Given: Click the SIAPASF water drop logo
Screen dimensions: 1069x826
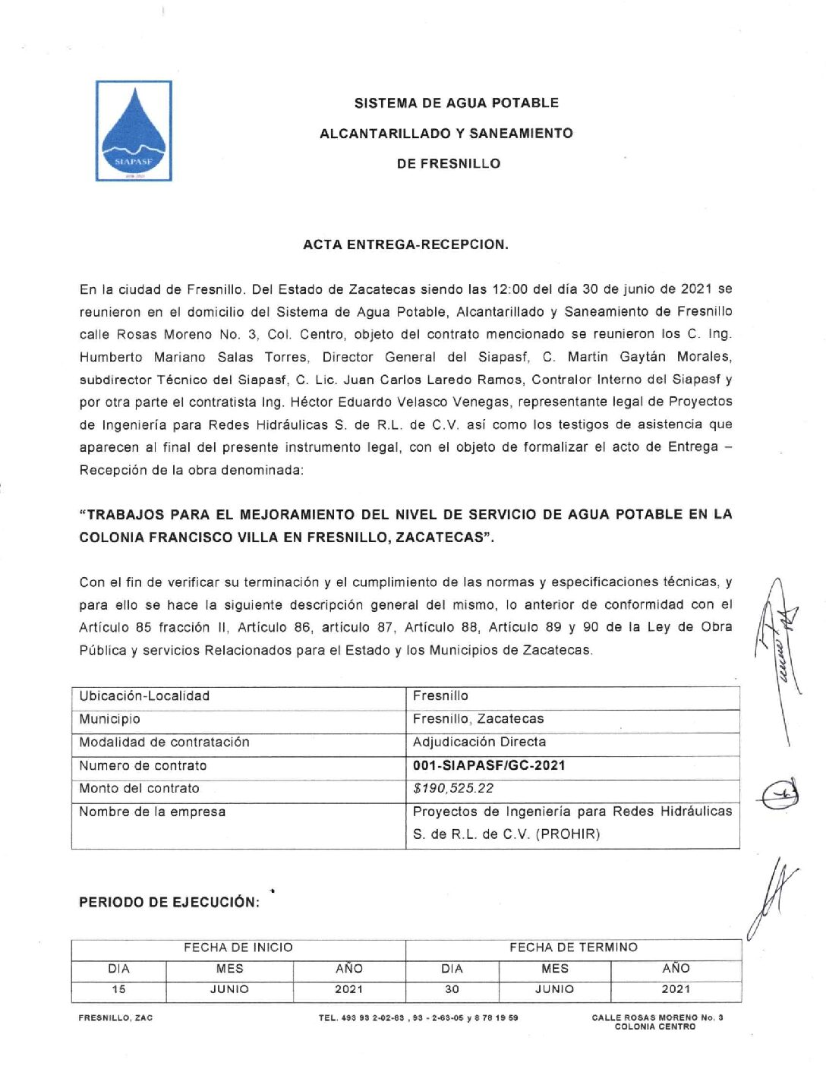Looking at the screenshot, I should [x=134, y=131].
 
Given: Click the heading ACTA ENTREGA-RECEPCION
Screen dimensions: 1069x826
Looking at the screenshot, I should [x=405, y=244].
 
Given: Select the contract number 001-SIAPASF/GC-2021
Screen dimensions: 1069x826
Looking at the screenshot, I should [x=489, y=765].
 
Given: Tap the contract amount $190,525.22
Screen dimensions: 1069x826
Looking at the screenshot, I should [x=453, y=788].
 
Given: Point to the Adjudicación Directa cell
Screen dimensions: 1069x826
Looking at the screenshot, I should [x=479, y=742].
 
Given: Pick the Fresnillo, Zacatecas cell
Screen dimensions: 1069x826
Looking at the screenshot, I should [x=478, y=718].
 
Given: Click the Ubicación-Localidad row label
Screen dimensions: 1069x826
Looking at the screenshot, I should [x=144, y=695].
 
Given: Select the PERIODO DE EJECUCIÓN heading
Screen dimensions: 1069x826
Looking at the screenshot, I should [x=169, y=902].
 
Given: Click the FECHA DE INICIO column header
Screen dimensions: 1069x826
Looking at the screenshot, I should [x=238, y=948].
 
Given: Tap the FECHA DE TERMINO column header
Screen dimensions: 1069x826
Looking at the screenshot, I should [x=573, y=948].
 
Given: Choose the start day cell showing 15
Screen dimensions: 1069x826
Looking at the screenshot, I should [x=119, y=989].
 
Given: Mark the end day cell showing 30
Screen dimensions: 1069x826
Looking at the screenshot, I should [x=452, y=989].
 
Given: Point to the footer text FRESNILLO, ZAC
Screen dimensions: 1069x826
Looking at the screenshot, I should [x=115, y=1018].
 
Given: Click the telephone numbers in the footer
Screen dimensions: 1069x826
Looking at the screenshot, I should [x=418, y=1018].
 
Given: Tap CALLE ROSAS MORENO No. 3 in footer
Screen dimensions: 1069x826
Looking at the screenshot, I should [x=657, y=1017].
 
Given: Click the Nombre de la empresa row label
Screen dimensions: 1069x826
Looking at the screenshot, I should [x=152, y=812].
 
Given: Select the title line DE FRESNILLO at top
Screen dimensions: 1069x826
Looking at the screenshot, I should [x=448, y=163].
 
